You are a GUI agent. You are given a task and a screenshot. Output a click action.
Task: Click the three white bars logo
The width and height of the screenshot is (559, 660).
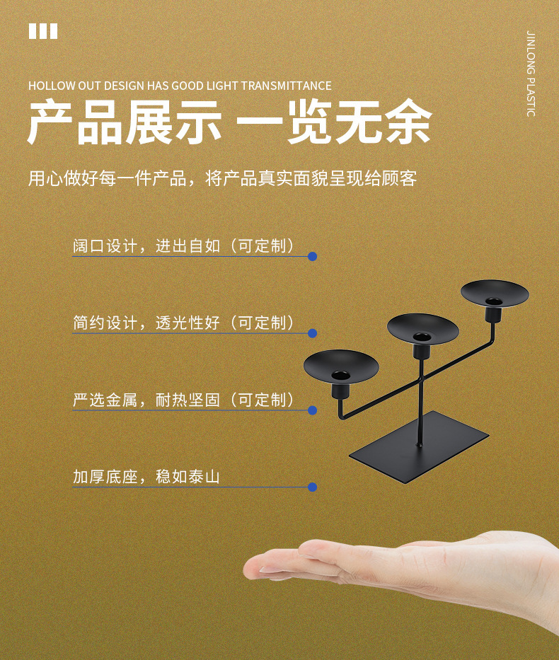(43, 31)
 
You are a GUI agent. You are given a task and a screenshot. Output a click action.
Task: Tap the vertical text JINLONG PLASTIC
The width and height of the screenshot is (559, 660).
(531, 74)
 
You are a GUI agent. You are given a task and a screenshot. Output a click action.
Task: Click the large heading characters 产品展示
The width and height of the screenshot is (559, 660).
(125, 122)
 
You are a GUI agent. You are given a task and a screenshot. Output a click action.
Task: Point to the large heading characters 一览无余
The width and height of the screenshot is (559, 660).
(334, 122)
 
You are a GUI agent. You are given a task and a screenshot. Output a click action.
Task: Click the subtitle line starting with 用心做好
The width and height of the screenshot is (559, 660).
(223, 178)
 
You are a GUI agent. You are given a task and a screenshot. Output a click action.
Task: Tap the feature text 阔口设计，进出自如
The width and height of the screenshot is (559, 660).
(146, 245)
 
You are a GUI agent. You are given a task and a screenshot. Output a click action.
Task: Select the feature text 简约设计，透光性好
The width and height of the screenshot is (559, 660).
(146, 323)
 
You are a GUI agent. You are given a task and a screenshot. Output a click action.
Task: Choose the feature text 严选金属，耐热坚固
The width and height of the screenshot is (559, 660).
(146, 400)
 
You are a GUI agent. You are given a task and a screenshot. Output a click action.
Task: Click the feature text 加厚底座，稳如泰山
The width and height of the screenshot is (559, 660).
(146, 477)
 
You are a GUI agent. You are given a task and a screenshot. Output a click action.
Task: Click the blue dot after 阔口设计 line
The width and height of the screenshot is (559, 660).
(312, 256)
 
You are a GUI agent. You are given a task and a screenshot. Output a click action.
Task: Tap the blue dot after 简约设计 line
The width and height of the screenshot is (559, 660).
(312, 333)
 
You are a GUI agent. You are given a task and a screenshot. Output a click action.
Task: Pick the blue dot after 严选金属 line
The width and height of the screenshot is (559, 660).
(312, 410)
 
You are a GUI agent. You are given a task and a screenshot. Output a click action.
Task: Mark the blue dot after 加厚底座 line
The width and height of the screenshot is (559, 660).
(312, 487)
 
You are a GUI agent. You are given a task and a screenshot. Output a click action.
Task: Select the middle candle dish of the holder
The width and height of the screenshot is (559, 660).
(422, 328)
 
